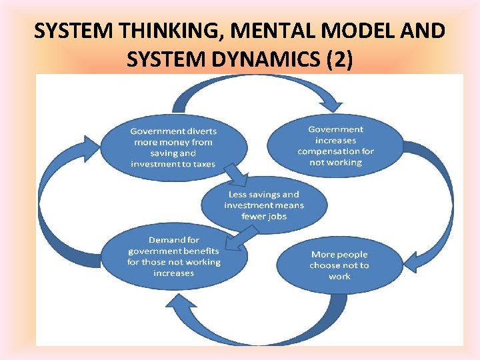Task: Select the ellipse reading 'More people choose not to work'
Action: (x=339, y=265)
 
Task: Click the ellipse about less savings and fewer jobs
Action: (x=263, y=205)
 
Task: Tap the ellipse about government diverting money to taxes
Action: (x=173, y=148)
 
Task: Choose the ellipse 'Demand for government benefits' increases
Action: (x=173, y=257)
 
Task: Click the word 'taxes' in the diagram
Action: (x=202, y=164)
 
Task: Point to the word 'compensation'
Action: (x=335, y=151)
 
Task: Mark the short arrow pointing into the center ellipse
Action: (x=237, y=178)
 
